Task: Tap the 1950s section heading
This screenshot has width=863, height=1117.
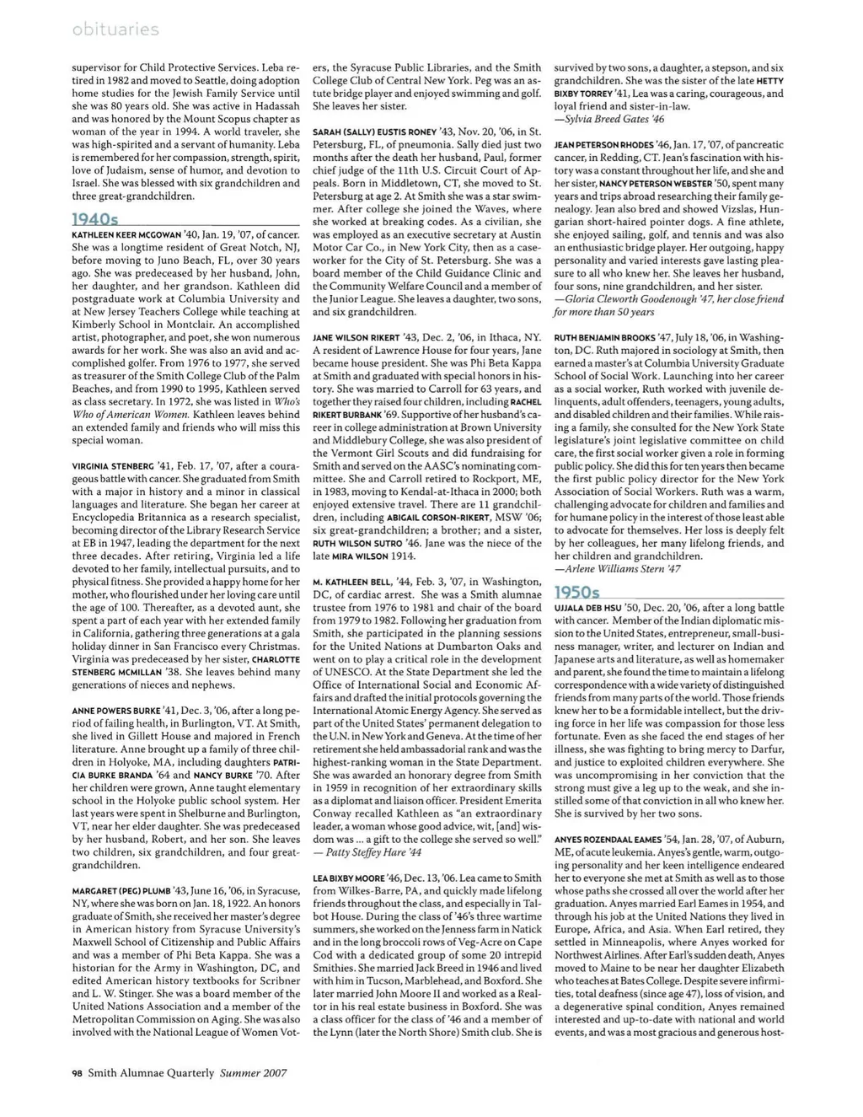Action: pyautogui.click(x=577, y=593)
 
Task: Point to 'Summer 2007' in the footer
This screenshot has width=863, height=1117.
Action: pyautogui.click(x=254, y=1073)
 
